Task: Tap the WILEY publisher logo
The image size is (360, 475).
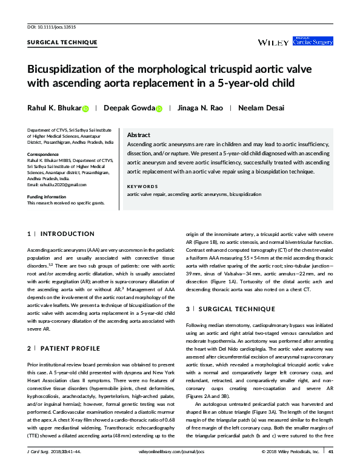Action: click(x=272, y=42)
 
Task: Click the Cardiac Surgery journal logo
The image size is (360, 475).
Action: click(x=313, y=41)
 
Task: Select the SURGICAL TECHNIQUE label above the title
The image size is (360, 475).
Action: click(x=62, y=42)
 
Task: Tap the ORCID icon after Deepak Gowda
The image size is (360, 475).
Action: click(x=159, y=109)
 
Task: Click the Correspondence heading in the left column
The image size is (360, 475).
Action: click(x=44, y=154)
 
